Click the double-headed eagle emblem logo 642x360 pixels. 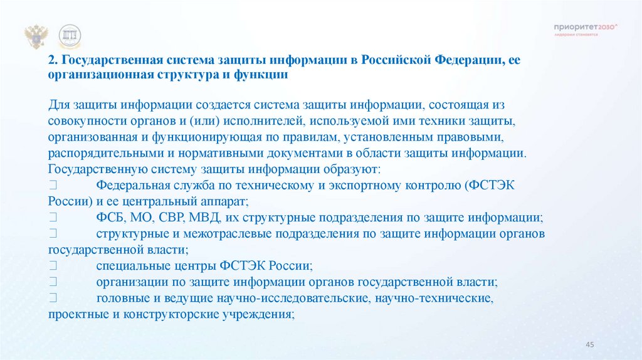36,37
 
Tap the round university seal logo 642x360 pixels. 70,37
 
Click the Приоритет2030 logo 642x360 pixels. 586,28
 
